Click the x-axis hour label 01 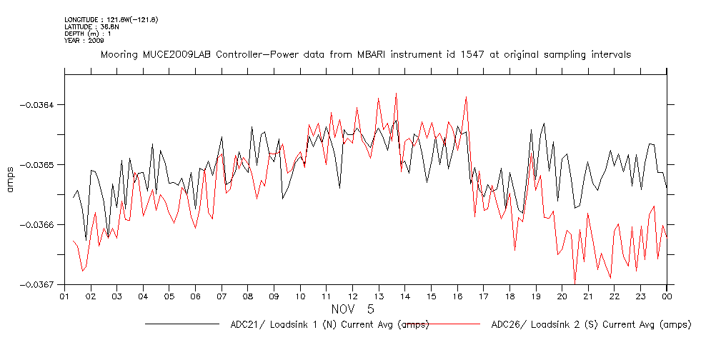64,296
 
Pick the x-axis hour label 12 352,296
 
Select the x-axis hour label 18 509,296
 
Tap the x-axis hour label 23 640,296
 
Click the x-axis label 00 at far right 667,296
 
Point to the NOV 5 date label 351,309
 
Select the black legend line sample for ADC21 182,324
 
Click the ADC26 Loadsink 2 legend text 591,325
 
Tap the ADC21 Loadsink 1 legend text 329,325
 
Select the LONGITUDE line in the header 111,19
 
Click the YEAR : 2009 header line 84,41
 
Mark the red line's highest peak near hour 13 395,93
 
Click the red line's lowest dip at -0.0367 574,284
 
